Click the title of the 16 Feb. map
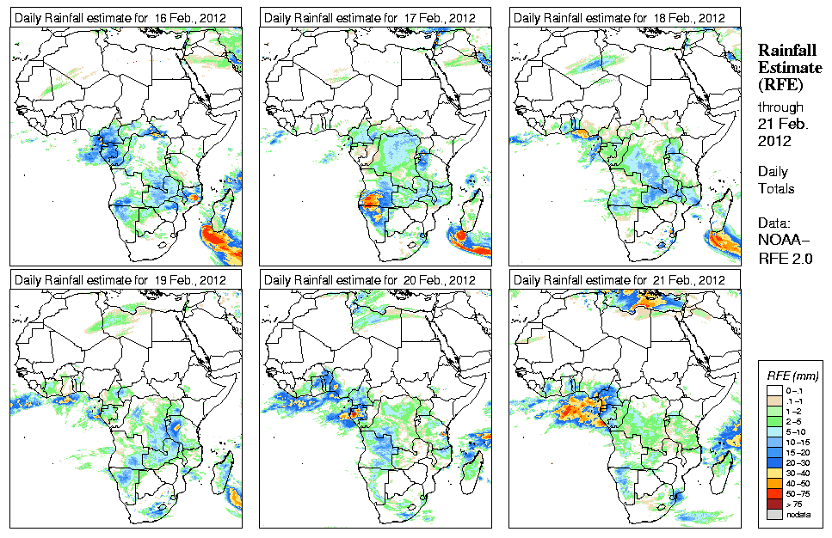120,18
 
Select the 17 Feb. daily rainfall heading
370,18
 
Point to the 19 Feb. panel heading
120,280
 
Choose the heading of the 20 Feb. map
370,280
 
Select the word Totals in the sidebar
776,188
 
